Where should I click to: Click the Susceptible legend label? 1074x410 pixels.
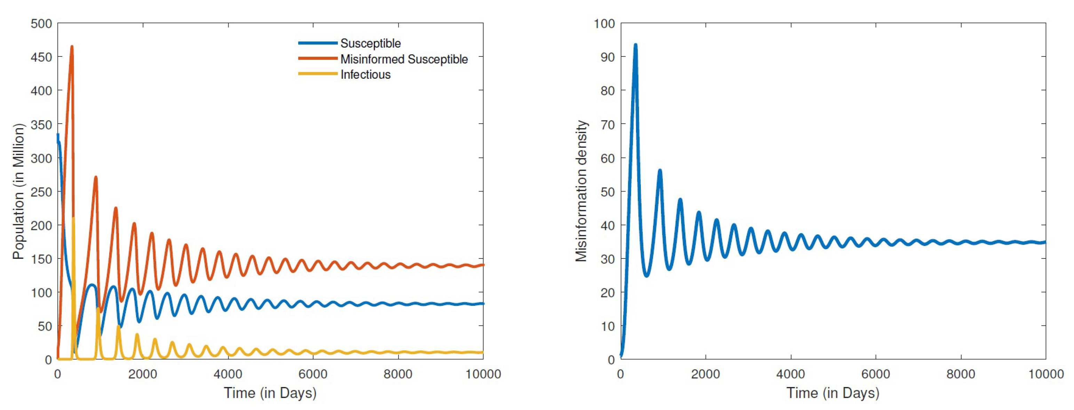click(x=370, y=44)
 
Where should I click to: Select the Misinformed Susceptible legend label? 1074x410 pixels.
click(x=404, y=59)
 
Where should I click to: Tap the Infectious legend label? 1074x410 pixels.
click(x=365, y=75)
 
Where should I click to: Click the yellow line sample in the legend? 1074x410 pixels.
click(x=318, y=74)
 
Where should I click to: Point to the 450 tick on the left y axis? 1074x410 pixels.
click(x=41, y=57)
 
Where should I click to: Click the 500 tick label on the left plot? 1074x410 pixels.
click(x=41, y=23)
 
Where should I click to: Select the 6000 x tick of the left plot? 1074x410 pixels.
click(x=313, y=374)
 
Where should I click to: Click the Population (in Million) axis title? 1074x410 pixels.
click(x=18, y=191)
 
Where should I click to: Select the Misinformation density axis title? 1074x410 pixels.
click(x=581, y=191)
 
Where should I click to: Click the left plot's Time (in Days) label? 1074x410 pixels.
click(x=270, y=393)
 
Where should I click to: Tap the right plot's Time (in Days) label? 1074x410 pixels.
click(x=833, y=393)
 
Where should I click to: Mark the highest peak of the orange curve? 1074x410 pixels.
click(x=72, y=47)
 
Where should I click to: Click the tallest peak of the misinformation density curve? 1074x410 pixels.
click(x=635, y=45)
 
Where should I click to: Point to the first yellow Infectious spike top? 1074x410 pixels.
click(x=73, y=218)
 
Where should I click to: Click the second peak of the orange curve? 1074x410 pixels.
click(x=96, y=177)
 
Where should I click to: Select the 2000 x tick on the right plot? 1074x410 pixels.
click(x=706, y=374)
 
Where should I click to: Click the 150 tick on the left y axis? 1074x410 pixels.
click(x=41, y=259)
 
